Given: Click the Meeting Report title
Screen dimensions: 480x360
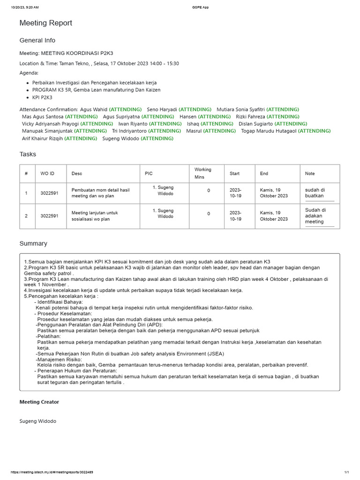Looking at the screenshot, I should [x=45, y=23].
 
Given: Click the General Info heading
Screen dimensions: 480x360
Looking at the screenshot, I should [x=37, y=40].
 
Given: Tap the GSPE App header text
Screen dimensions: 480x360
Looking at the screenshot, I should [x=201, y=7].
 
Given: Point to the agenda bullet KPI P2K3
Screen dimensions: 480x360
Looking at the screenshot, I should [x=42, y=97].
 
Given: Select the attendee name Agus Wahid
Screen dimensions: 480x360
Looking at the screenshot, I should [x=94, y=109].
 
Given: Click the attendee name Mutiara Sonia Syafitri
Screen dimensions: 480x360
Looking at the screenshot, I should [x=240, y=109].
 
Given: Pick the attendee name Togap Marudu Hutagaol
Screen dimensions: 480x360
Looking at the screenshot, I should [x=269, y=131].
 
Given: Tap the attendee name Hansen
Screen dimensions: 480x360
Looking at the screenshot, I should [x=188, y=116].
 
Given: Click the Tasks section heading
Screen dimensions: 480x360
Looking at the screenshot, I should [x=28, y=154].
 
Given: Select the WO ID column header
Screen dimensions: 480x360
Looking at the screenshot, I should [x=47, y=173].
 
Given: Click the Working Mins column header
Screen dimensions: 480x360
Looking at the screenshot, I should [x=203, y=173].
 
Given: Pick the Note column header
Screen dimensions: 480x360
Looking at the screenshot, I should [x=310, y=173].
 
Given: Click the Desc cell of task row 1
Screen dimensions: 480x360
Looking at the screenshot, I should [x=100, y=193].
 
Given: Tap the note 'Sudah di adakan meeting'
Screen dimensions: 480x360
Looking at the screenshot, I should [x=315, y=216].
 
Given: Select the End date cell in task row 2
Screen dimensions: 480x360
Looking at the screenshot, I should [x=274, y=216].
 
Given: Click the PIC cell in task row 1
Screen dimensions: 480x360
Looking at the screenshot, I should [x=164, y=190].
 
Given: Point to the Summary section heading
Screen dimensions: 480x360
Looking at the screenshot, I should [x=33, y=243].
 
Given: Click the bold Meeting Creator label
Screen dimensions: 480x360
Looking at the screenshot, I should [x=39, y=402].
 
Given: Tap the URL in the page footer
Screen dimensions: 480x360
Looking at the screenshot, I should [x=52, y=472].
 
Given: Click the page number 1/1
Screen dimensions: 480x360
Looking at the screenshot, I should [x=347, y=472].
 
